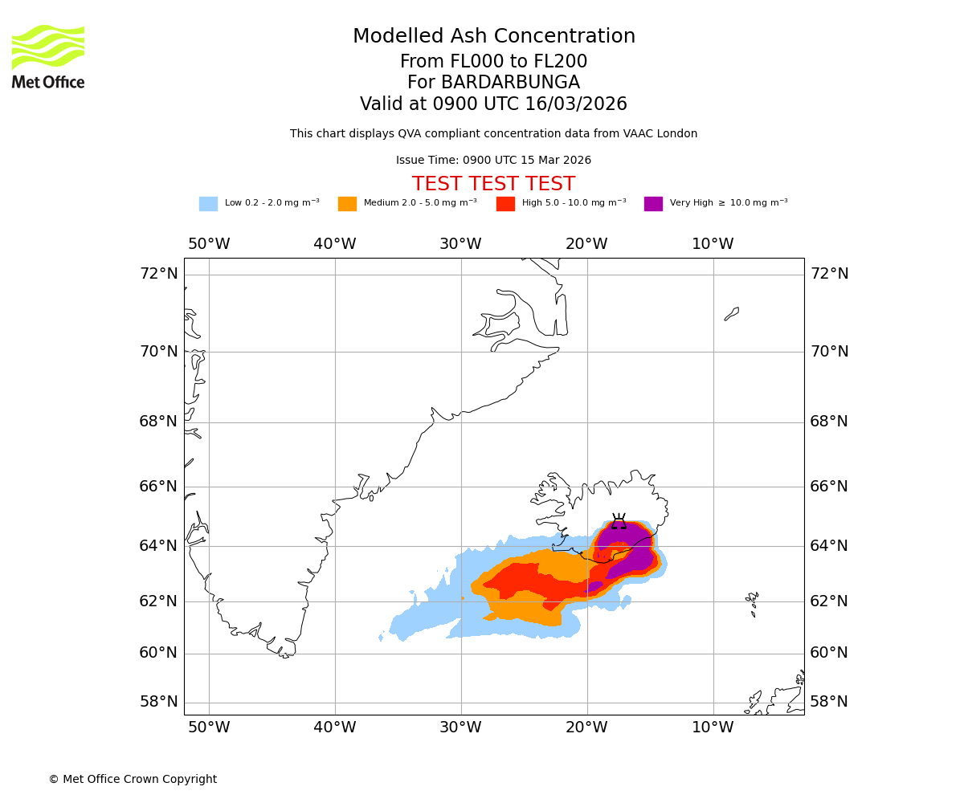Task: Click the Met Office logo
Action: point(48,56)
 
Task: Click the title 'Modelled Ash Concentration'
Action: point(493,37)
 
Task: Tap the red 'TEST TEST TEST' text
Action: point(493,184)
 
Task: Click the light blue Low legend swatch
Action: point(208,204)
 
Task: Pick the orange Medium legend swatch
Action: point(347,204)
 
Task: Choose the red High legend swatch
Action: point(505,204)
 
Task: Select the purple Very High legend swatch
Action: point(653,204)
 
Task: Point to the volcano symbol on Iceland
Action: point(619,522)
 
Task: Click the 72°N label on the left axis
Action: point(158,274)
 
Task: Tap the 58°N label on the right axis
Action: point(828,702)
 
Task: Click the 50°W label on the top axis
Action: point(209,244)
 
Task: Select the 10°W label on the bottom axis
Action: point(713,728)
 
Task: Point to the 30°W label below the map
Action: point(460,728)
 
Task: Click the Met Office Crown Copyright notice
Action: point(133,779)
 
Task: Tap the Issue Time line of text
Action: point(493,161)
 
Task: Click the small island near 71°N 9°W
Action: point(732,313)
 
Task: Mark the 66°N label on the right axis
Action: point(828,487)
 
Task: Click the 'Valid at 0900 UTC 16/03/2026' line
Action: point(493,104)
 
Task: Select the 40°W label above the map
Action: point(335,244)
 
